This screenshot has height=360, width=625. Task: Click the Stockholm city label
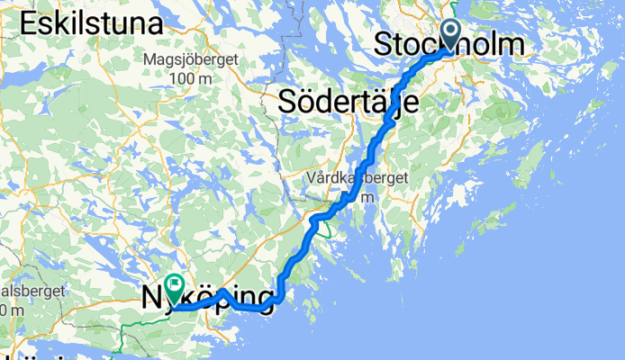coord(448,44)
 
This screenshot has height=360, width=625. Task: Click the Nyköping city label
coord(208,297)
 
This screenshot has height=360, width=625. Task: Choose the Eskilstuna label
coord(89,24)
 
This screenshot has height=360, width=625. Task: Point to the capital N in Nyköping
coord(153,296)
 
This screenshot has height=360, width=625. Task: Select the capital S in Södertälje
coord(288,101)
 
